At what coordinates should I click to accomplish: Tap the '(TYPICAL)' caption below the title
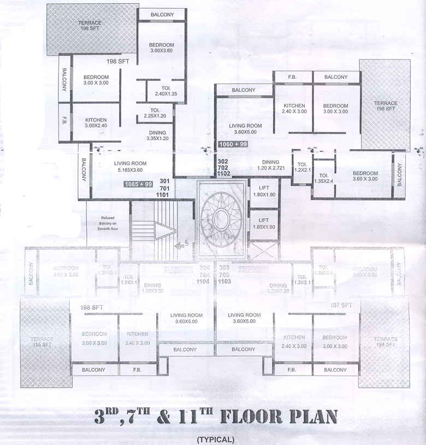coord(216,439)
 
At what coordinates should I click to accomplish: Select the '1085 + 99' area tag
coord(138,185)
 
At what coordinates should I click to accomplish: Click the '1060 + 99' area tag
coord(233,144)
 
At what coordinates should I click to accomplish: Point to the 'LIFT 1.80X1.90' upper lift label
coord(264,191)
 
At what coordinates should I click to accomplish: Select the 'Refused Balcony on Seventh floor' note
coord(108,224)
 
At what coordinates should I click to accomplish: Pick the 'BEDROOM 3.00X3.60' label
coord(161,48)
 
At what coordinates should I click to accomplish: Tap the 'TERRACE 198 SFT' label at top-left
coord(90,26)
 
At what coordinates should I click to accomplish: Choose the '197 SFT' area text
coord(342,305)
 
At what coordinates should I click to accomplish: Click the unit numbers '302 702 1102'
coord(223,167)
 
